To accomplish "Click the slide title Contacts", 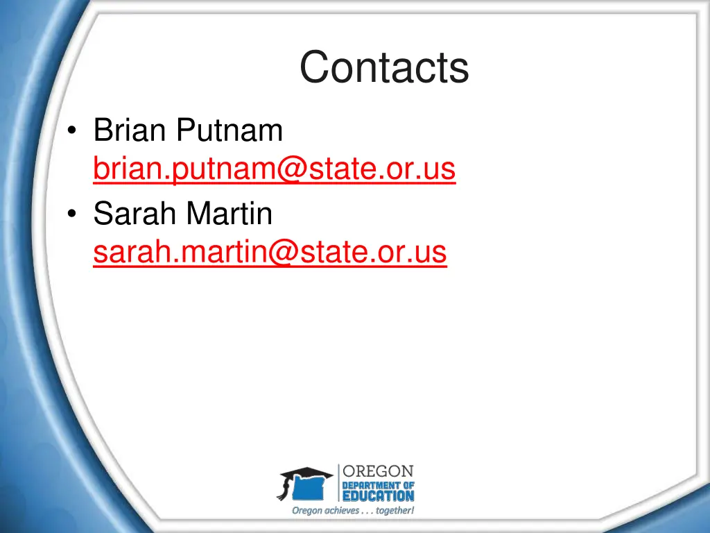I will point(384,67).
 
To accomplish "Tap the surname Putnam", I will point(229,131).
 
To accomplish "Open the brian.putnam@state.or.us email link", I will point(275,168).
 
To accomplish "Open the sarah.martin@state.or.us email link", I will point(270,253).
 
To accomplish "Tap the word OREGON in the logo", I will point(379,472).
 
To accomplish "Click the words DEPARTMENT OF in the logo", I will point(379,484).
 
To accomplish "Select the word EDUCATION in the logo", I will point(379,496).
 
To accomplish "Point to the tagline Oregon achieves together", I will point(353,511).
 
